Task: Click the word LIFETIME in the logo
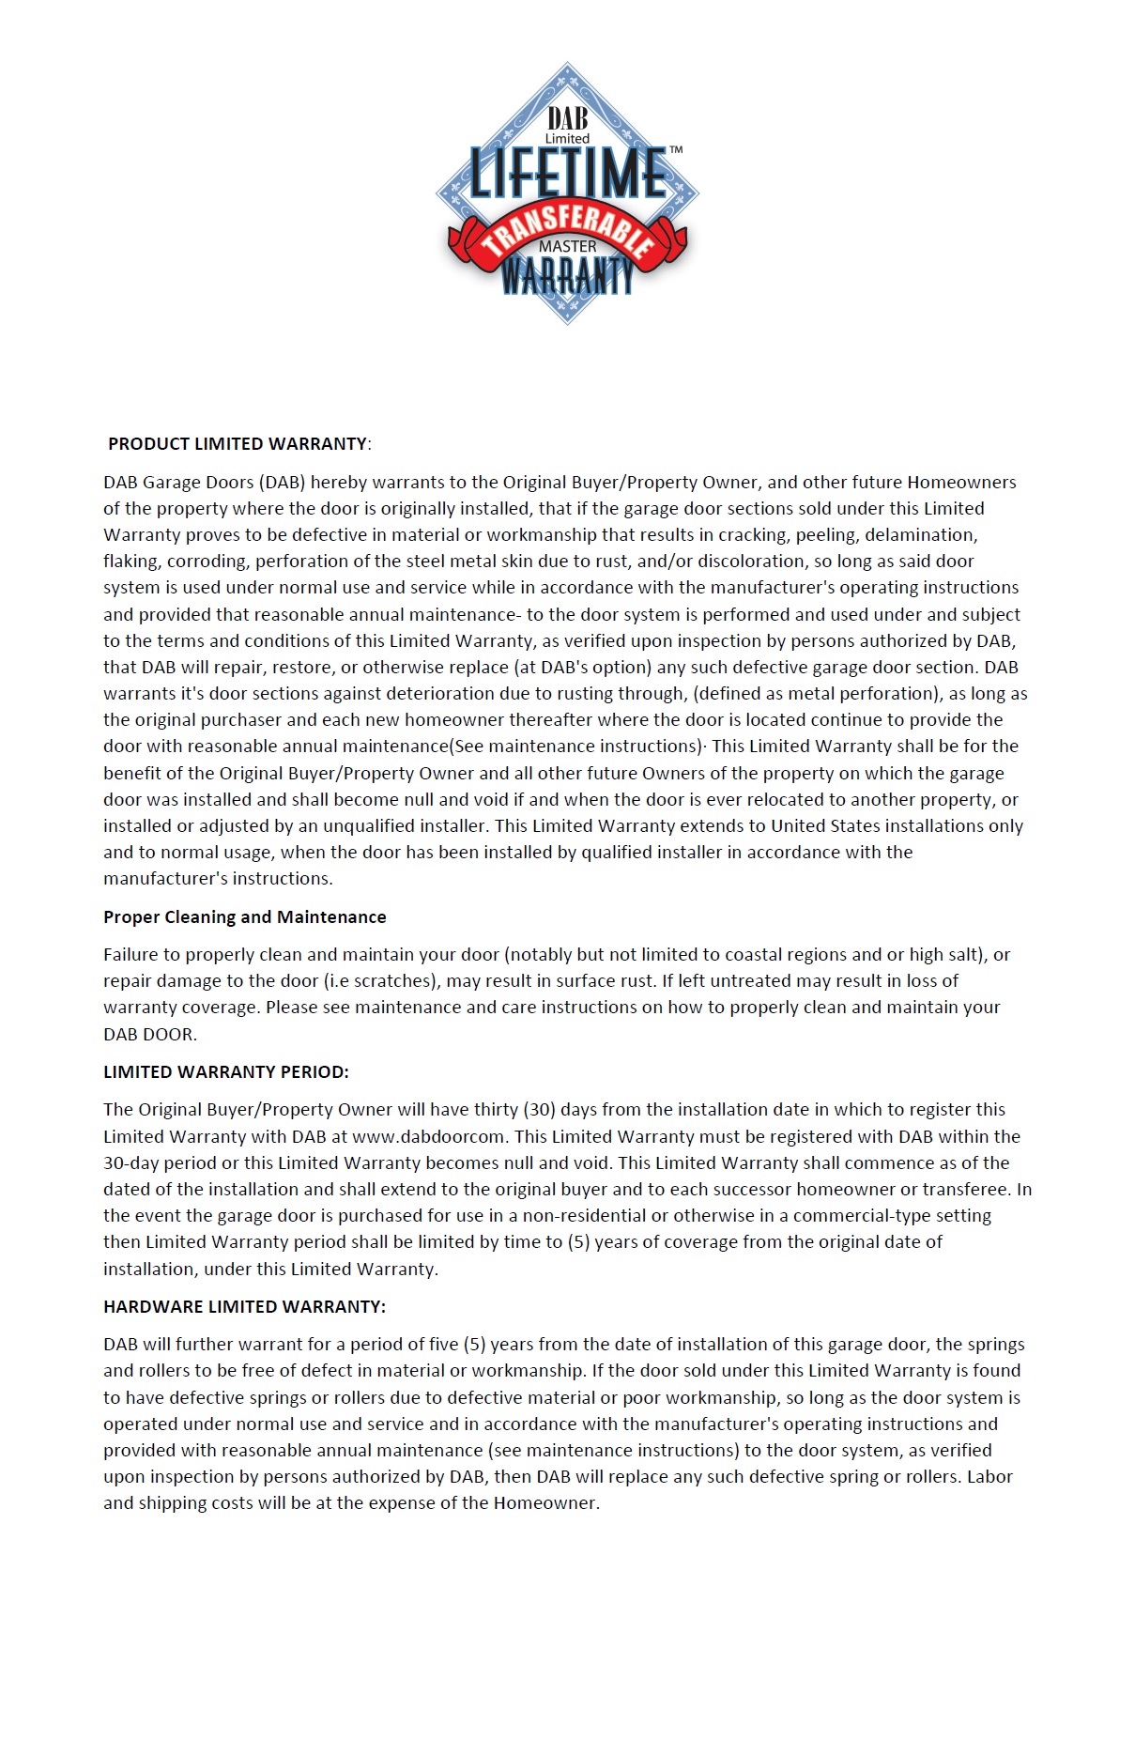click(567, 175)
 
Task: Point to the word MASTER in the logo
click(567, 246)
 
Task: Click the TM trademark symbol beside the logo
click(676, 150)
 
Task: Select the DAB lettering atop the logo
click(567, 118)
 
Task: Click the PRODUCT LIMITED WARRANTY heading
click(238, 443)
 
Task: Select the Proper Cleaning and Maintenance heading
click(244, 916)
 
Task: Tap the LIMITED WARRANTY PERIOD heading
click(225, 1071)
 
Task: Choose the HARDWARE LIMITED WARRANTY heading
click(244, 1306)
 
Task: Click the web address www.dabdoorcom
click(428, 1136)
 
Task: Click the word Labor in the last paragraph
click(990, 1476)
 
